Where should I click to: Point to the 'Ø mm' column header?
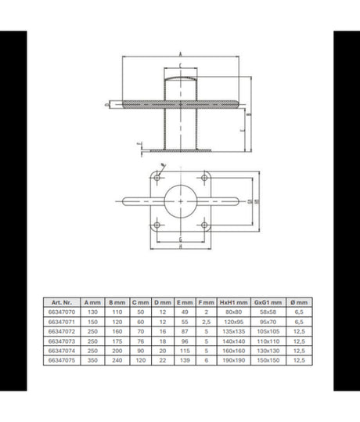point(300,301)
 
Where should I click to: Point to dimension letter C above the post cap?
point(182,65)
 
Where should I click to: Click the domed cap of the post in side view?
point(182,77)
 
